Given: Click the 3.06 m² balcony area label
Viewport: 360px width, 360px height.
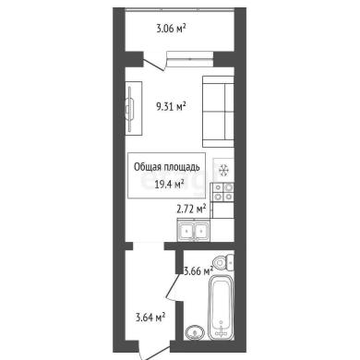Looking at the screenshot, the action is click(x=171, y=29).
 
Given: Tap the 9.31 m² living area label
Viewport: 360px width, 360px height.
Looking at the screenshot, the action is click(x=171, y=107).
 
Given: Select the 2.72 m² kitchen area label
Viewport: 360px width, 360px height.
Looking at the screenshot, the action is click(x=191, y=210).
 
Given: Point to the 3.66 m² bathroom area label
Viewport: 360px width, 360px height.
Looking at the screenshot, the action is click(x=198, y=271).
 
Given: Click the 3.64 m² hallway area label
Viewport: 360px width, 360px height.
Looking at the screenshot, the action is click(x=150, y=317).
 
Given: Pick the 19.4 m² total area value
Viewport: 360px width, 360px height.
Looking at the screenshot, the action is click(x=170, y=185).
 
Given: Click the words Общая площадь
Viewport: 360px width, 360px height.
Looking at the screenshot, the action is click(x=167, y=167).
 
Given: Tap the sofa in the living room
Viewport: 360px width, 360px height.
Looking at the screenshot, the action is click(x=218, y=112).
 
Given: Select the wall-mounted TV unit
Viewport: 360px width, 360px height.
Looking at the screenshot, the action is click(x=134, y=108).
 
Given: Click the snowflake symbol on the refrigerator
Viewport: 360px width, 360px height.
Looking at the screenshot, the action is click(x=223, y=170).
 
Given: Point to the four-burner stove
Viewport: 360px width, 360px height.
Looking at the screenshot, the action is click(x=223, y=192).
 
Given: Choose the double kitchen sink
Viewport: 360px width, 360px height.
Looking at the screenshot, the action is click(x=193, y=230).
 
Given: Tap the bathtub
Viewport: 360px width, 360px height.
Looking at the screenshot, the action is click(x=221, y=307).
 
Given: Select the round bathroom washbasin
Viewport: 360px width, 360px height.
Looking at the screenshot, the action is click(x=195, y=332).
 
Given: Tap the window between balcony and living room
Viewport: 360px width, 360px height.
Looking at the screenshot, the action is click(x=190, y=59).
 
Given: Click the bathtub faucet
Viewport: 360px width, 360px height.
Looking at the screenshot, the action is click(x=221, y=330).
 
